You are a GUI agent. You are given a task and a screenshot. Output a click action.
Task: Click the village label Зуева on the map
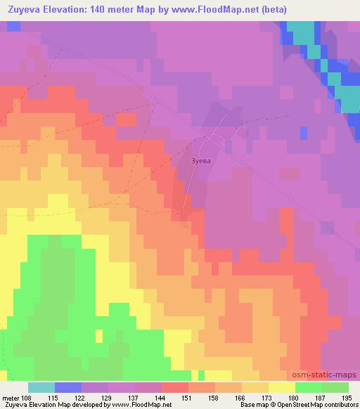pyautogui.click(x=201, y=160)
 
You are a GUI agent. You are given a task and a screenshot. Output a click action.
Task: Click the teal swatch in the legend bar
pyautogui.click(x=41, y=387)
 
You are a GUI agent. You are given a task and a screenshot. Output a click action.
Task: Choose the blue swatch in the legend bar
pyautogui.click(x=67, y=387)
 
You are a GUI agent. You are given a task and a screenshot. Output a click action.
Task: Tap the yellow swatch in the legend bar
pyautogui.click(x=281, y=387)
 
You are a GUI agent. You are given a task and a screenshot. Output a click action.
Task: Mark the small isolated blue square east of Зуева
pyautogui.click(x=303, y=132)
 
